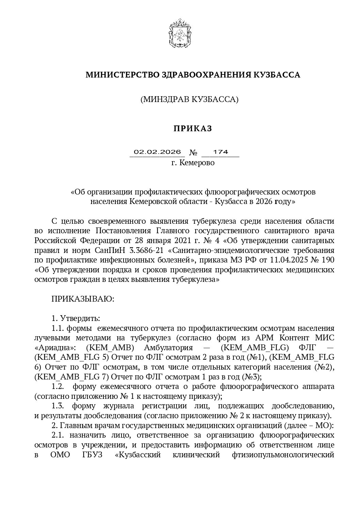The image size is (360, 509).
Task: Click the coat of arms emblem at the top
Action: pyautogui.click(x=180, y=33)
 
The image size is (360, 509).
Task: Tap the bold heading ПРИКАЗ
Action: pyautogui.click(x=193, y=128)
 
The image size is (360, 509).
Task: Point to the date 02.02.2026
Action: pyautogui.click(x=157, y=152)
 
